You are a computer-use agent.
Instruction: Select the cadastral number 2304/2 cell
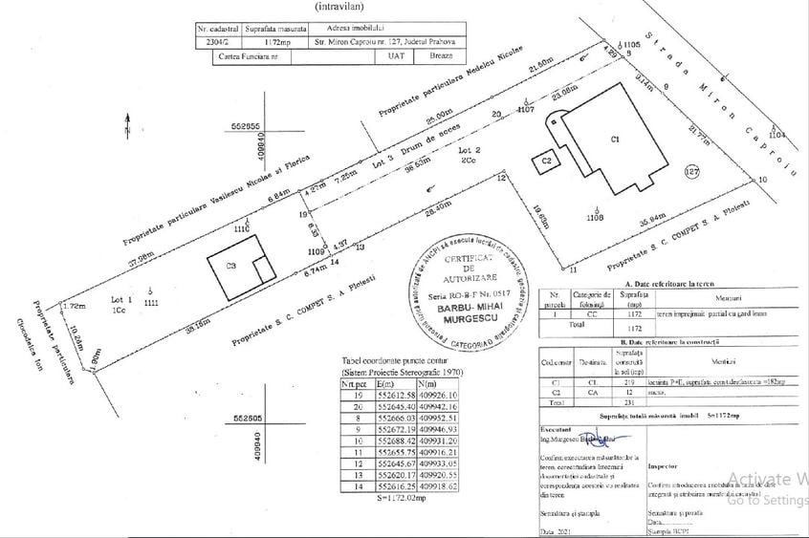click(x=215, y=43)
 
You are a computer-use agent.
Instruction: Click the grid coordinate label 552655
click(x=247, y=125)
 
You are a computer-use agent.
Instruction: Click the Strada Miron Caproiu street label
click(x=741, y=98)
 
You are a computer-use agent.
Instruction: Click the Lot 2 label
click(x=469, y=153)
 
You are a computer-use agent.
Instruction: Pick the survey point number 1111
click(x=151, y=303)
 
